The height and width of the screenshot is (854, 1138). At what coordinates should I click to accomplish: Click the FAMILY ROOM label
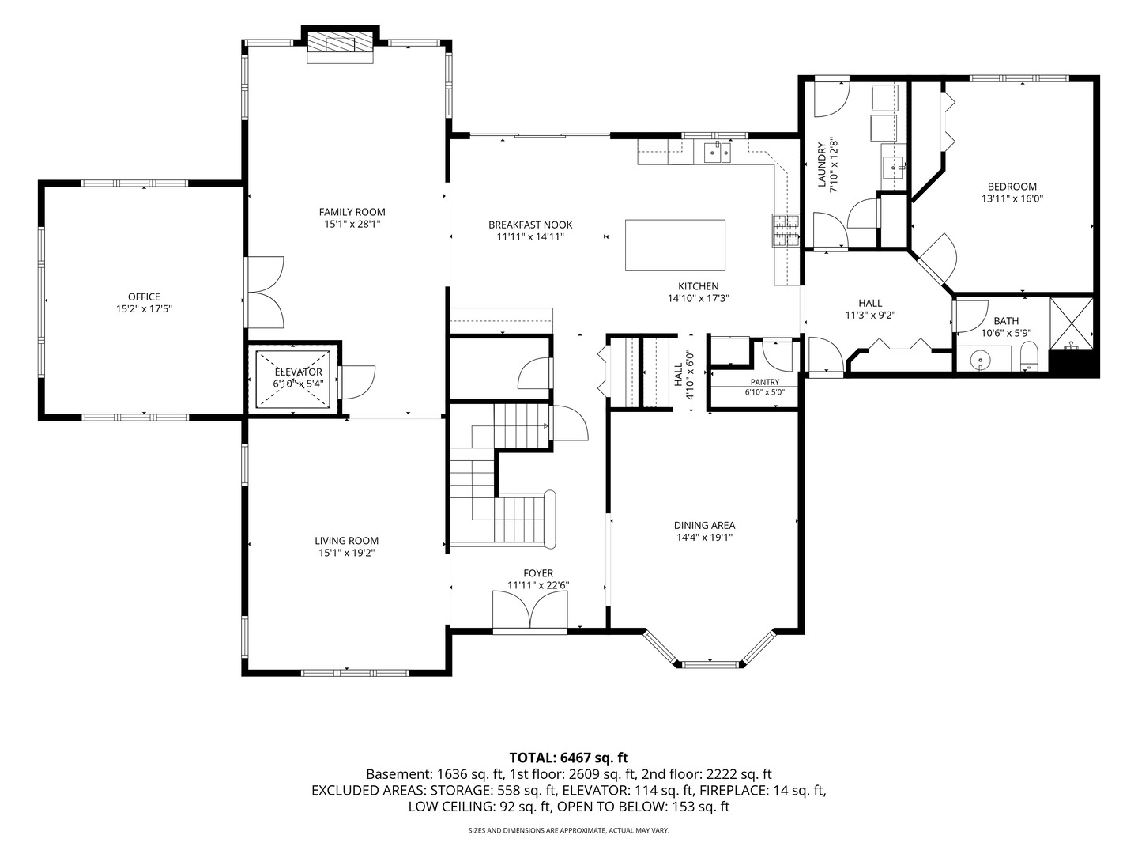[x=352, y=212]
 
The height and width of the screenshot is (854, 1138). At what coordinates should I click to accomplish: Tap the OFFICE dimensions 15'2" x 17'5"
[x=144, y=309]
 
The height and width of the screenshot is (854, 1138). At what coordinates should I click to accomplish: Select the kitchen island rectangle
[x=675, y=245]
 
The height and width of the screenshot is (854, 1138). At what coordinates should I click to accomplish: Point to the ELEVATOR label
[x=298, y=372]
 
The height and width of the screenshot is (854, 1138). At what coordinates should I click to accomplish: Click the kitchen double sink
[x=718, y=153]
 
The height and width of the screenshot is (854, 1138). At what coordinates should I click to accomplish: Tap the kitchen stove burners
[x=786, y=229]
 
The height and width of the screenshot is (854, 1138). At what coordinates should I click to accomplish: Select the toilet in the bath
[x=1029, y=357]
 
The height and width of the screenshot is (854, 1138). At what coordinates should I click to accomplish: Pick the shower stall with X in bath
[x=1072, y=323]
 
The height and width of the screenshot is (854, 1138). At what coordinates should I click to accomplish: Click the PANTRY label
[x=765, y=382]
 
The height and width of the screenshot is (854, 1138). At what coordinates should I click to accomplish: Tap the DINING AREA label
[x=705, y=525]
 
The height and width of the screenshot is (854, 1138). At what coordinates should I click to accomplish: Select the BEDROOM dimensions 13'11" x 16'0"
[x=1012, y=198]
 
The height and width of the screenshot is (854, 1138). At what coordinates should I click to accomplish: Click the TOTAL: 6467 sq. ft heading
[x=569, y=758]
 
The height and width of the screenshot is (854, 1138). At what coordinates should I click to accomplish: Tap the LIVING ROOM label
[x=347, y=541]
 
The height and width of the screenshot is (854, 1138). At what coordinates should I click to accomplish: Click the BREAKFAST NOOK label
[x=530, y=225]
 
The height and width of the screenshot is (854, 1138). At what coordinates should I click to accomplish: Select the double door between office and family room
[x=265, y=293]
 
